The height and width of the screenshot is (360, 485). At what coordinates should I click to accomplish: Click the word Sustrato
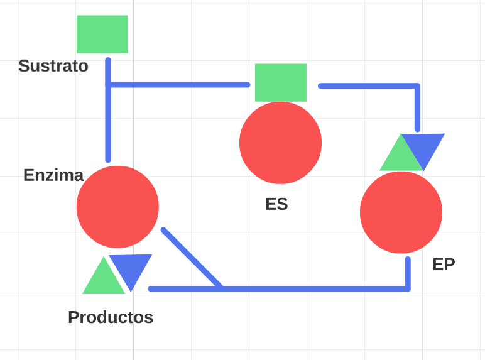tap(53, 66)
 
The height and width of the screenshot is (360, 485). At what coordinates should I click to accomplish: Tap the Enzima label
tap(53, 175)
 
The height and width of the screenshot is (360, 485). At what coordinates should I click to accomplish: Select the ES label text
tap(276, 204)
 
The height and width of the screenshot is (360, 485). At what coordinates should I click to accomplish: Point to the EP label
tap(444, 265)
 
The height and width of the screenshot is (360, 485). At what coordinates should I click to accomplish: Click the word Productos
tap(111, 317)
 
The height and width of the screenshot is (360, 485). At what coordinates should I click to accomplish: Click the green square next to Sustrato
tap(102, 34)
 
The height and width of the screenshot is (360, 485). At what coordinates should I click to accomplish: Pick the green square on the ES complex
tap(281, 82)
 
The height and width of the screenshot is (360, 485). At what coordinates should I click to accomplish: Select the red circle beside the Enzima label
tap(117, 207)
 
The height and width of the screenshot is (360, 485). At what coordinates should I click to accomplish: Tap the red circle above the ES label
tap(281, 143)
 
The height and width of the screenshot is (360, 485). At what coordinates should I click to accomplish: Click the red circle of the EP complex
tap(401, 212)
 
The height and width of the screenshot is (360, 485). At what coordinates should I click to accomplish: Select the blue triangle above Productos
tap(131, 269)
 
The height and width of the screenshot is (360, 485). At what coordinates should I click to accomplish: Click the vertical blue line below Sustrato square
tap(108, 110)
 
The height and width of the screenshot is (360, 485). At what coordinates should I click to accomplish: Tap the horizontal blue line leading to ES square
tap(178, 85)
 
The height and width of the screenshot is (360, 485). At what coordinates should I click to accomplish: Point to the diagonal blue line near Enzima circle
tap(192, 258)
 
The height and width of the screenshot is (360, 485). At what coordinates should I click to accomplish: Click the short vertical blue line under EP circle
tap(408, 274)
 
